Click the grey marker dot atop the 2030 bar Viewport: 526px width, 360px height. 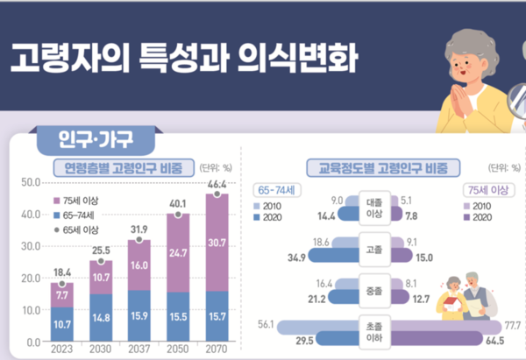[x=100, y=261]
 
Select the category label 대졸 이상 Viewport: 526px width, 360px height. [x=373, y=208]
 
